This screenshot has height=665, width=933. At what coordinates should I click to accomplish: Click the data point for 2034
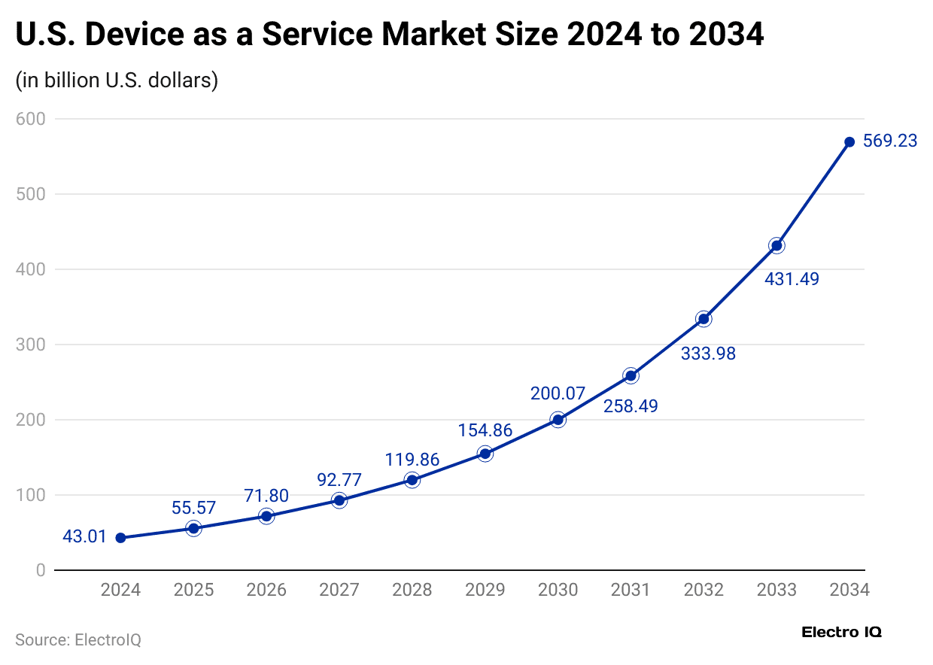tap(849, 142)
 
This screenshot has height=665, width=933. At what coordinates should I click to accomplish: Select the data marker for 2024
tap(120, 538)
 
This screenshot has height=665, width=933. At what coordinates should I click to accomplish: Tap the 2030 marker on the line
tap(558, 420)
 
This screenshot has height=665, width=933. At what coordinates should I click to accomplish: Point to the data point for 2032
tap(704, 319)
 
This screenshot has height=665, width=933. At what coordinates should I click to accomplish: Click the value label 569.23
tap(890, 141)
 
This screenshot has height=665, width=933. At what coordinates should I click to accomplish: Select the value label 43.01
tap(85, 538)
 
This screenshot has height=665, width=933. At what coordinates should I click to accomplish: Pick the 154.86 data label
tap(485, 430)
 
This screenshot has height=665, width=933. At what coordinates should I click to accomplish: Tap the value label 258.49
tap(631, 406)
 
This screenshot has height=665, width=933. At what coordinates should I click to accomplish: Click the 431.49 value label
tap(792, 279)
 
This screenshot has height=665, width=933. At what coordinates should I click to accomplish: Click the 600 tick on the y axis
tap(31, 119)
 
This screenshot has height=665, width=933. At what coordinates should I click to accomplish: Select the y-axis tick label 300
tap(31, 345)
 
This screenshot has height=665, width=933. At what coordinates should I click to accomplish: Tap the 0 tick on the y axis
tap(41, 570)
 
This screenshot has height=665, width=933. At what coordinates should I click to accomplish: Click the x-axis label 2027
tap(339, 590)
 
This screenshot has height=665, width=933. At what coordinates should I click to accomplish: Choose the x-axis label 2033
tap(776, 590)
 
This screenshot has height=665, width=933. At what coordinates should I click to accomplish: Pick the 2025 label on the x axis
tap(193, 590)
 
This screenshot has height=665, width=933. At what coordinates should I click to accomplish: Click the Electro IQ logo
tap(841, 633)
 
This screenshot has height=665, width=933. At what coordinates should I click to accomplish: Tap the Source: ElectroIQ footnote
tap(78, 640)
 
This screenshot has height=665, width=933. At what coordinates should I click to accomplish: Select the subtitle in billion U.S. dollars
tap(117, 80)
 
